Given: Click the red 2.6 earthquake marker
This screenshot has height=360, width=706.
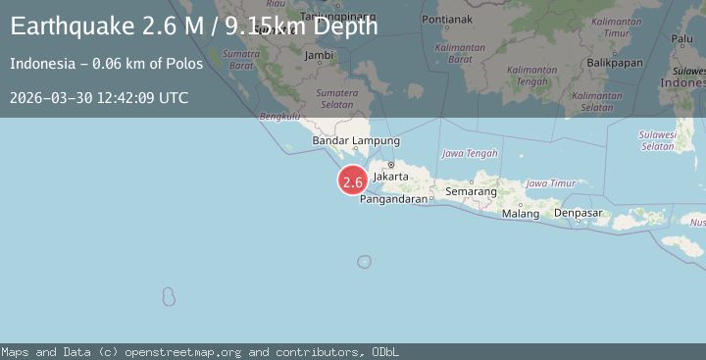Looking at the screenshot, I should tap(353, 180).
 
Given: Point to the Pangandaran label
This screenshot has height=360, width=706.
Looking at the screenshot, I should tap(394, 199).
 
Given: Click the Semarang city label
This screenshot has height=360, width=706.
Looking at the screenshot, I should tap(471, 190).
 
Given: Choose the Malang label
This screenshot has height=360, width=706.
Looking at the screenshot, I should tap(520, 213).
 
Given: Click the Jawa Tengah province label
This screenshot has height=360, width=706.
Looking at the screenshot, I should tap(470, 153).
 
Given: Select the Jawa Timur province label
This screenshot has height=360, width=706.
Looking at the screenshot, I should tap(550, 183).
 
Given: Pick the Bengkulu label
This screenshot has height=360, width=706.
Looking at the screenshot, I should tap(278, 116).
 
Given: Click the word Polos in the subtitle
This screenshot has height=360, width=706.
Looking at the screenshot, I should tap(185, 64).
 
